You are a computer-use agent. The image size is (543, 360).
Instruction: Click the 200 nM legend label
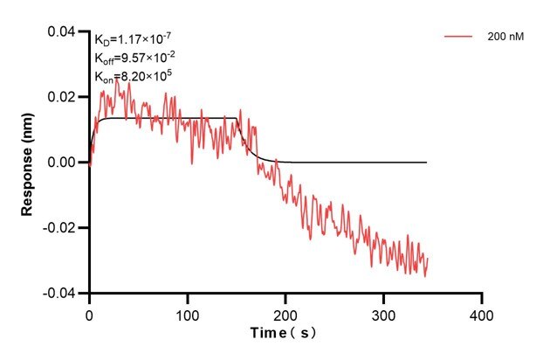(x=505, y=38)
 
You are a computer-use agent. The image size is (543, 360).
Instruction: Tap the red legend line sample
(x=459, y=38)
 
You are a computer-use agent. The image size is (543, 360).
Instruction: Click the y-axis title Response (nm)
(x=29, y=162)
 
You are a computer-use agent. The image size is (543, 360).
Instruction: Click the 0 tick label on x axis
(x=89, y=312)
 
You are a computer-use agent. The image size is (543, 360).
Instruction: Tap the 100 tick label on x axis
(x=188, y=312)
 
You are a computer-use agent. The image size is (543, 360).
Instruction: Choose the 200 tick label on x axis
(x=285, y=312)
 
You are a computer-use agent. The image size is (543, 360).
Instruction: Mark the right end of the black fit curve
(x=427, y=163)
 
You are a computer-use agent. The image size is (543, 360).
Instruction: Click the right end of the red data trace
(x=428, y=259)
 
